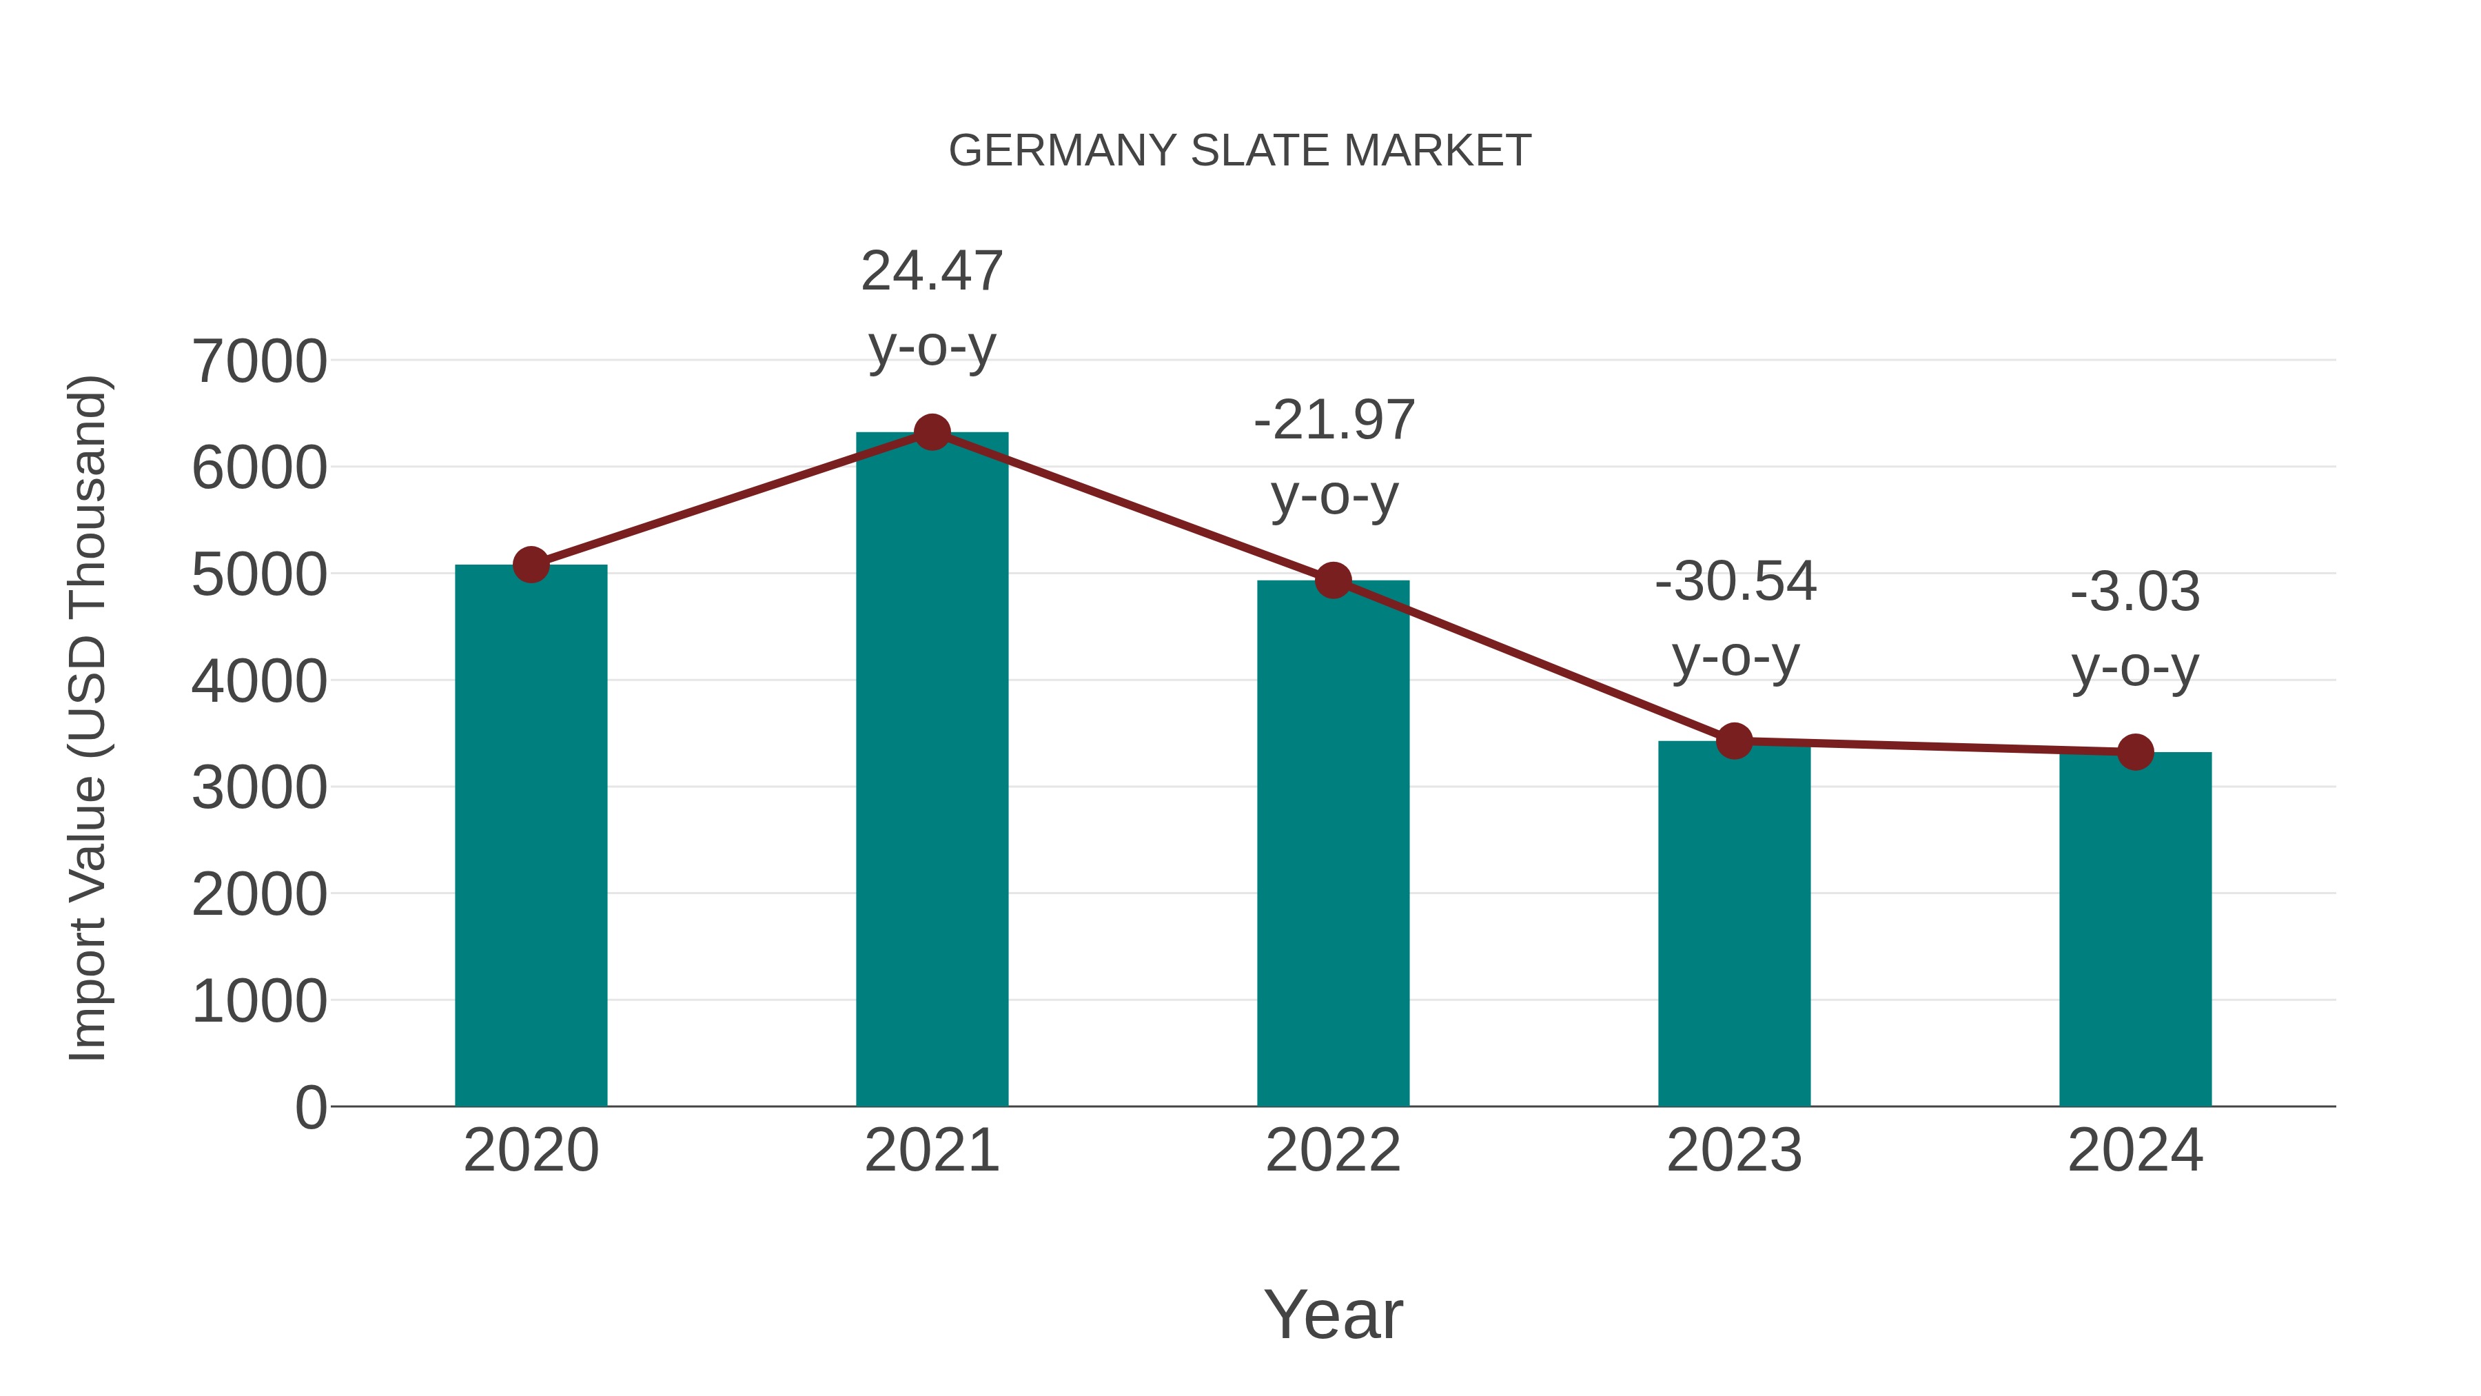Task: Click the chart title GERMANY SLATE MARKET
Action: coord(1240,151)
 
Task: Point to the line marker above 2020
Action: coord(531,565)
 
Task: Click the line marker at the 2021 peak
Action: coord(931,432)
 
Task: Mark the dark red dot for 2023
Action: coord(1734,741)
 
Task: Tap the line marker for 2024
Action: coord(2135,751)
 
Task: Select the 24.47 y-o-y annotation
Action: coord(931,308)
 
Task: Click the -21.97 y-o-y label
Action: coord(1334,458)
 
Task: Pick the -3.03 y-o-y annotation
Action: coord(2135,629)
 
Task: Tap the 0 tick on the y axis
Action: coord(310,1107)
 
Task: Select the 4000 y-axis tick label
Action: coord(259,681)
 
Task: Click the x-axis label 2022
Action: coord(1333,1151)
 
